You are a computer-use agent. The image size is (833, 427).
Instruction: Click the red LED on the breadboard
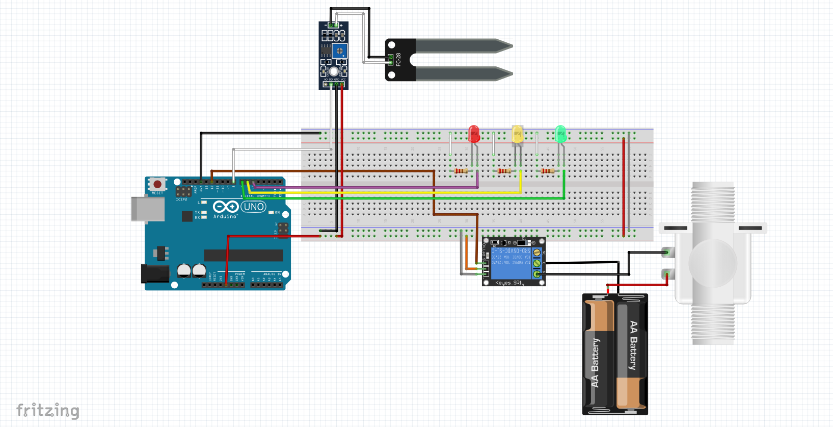point(474,134)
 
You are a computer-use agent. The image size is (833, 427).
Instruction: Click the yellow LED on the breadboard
point(517,134)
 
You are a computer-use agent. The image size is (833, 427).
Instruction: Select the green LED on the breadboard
point(560,134)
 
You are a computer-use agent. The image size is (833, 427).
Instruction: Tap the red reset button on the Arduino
point(157,184)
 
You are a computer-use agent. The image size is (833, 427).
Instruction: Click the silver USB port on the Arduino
point(147,209)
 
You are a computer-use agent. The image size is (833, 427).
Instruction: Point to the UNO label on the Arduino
point(254,207)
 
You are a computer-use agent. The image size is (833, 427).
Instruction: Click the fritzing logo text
point(48,410)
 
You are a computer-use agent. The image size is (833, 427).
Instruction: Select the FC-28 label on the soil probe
point(398,59)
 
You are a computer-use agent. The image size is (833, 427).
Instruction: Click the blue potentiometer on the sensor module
point(339,51)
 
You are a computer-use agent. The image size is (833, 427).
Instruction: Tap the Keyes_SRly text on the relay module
point(509,283)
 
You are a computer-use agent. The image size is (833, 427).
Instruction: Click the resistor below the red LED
point(461,171)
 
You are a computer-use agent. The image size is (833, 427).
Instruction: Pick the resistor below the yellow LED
point(504,171)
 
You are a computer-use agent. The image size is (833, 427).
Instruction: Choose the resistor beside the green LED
point(548,171)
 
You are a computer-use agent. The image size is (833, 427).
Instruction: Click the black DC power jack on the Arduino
point(154,273)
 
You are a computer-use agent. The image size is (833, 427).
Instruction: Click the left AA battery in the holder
point(599,355)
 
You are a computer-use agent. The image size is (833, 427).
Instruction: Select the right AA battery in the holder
point(632,355)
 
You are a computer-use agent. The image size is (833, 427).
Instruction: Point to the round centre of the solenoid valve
point(713,263)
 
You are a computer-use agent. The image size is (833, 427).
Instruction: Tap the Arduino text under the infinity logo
point(225,217)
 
